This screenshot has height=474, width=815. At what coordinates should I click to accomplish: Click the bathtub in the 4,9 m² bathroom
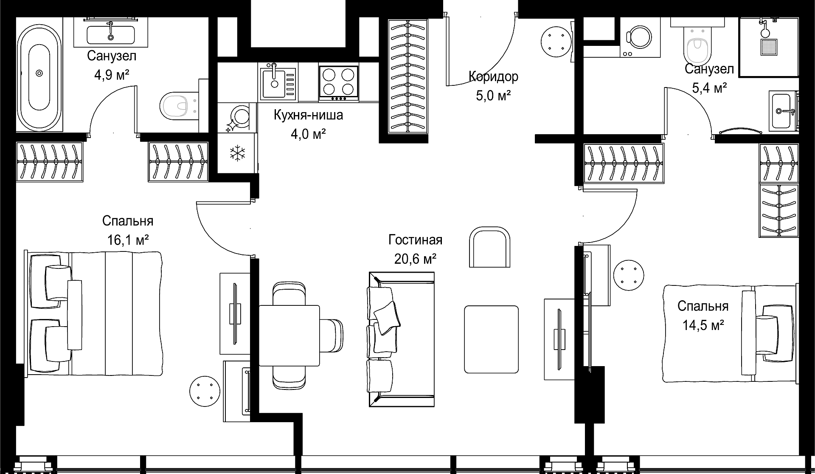point(39,73)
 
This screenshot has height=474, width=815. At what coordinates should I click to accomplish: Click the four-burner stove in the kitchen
point(339,83)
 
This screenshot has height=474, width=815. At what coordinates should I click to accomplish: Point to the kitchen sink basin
point(272,84)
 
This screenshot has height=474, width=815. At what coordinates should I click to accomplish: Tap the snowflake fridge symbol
point(237,153)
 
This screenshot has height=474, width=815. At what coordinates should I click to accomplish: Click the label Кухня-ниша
point(309,115)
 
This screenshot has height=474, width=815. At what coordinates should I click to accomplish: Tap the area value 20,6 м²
point(416,259)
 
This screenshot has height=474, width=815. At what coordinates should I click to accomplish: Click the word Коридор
point(493,77)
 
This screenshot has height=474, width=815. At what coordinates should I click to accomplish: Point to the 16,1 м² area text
point(128,240)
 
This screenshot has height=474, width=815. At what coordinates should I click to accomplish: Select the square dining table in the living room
point(289,336)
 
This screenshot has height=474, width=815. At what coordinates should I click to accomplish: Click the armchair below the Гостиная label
point(489,247)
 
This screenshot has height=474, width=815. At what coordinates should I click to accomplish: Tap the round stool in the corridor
point(556,41)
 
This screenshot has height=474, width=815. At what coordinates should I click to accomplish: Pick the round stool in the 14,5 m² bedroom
point(629,275)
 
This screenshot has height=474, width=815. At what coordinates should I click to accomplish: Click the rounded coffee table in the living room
point(491,339)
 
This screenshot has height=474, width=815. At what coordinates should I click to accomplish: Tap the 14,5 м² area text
point(703,326)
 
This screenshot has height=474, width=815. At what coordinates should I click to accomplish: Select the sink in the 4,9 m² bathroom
point(111,34)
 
